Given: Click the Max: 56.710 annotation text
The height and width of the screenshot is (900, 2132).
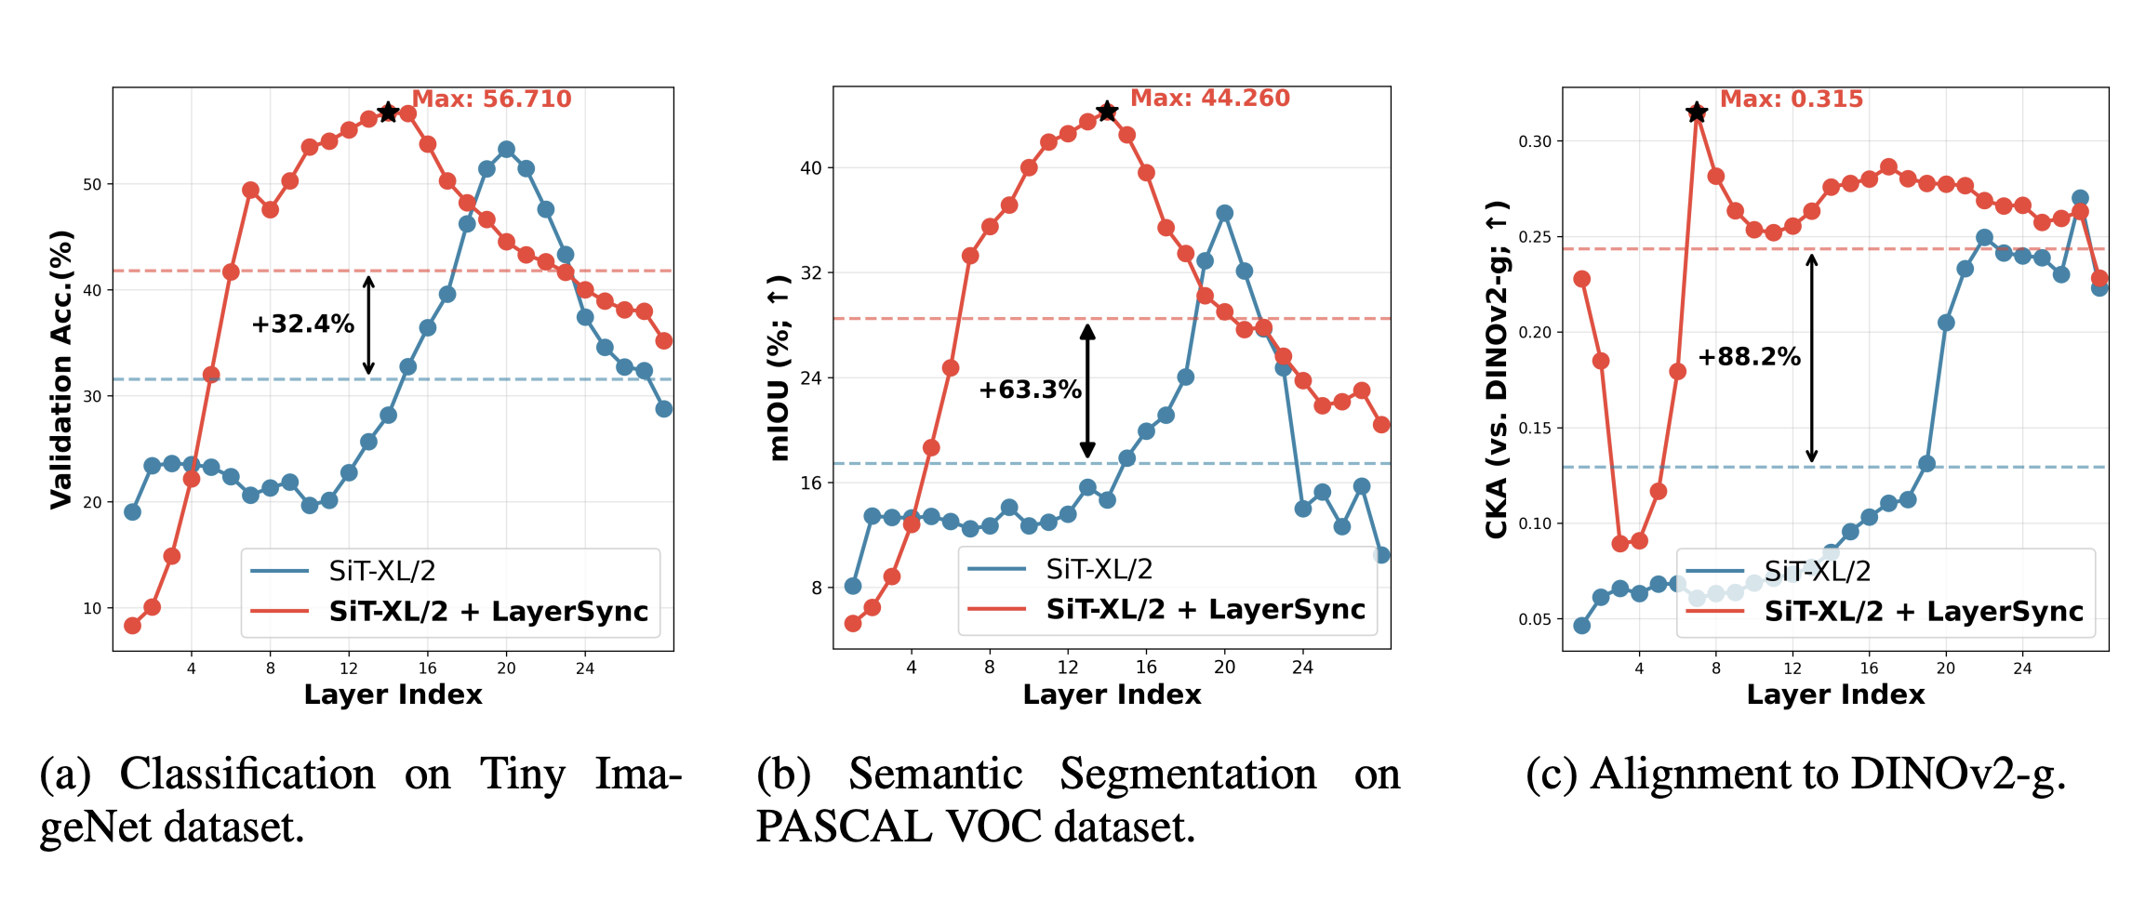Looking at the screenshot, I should tap(491, 99).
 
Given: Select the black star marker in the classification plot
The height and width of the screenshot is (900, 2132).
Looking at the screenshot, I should tap(388, 112).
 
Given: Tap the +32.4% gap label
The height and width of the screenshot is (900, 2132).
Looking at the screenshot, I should tap(302, 324).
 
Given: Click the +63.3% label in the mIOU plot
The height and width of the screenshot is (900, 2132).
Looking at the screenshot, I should tap(1030, 390).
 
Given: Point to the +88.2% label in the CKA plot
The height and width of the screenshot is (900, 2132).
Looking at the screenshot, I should tap(1749, 357).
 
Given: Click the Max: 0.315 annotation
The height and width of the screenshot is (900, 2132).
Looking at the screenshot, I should tap(1791, 99).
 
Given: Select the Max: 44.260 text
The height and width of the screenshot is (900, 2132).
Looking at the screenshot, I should tap(1209, 99).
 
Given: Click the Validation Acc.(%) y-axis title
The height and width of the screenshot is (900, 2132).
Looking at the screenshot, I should tap(61, 369).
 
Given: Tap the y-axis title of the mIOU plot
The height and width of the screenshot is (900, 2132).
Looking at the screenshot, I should tap(780, 368).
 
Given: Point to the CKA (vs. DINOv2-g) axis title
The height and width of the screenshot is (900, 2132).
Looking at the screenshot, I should tap(1497, 369).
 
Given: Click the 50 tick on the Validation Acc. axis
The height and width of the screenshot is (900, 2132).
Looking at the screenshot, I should tap(92, 185).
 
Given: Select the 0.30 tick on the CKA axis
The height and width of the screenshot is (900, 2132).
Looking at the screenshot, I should tap(1535, 141).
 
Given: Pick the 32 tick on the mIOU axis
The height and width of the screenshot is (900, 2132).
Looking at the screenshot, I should tap(811, 272).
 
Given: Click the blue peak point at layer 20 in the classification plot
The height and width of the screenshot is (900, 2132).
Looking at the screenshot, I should tap(506, 150).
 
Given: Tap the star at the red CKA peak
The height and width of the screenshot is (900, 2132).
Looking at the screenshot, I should tap(1697, 113).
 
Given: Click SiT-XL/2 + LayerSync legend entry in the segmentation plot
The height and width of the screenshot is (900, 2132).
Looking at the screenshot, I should tap(1206, 610).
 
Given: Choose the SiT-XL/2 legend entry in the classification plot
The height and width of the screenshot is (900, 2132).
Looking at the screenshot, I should tap(381, 571).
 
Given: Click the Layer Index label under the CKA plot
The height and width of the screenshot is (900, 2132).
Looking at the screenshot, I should tap(1835, 695).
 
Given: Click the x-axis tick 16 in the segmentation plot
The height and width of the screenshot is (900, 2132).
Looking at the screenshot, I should tap(1146, 667).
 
